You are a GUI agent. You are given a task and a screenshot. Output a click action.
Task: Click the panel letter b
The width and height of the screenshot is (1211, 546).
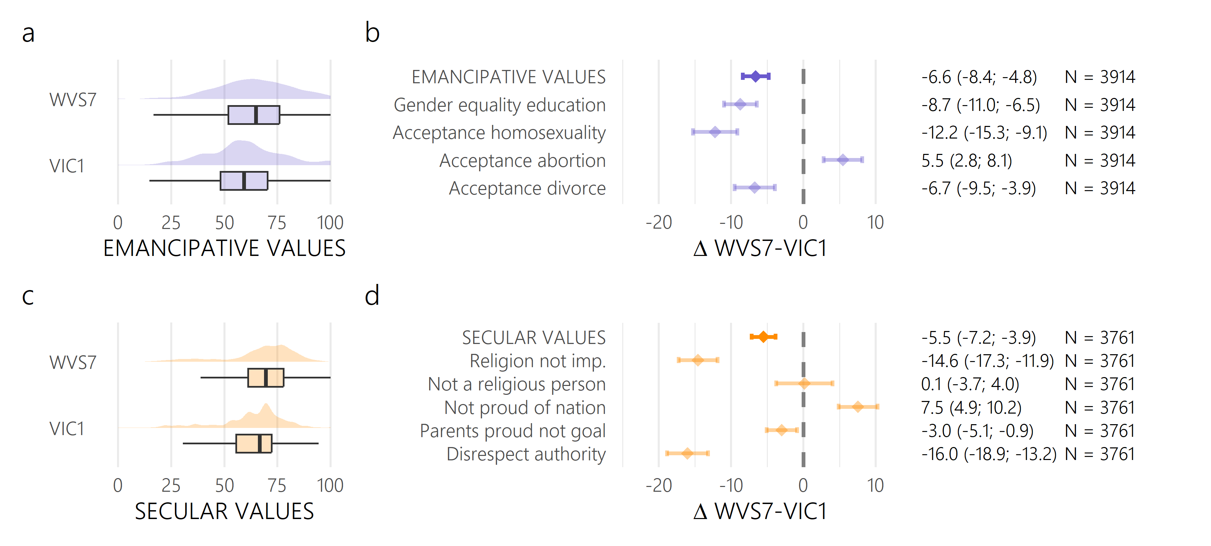point(372,33)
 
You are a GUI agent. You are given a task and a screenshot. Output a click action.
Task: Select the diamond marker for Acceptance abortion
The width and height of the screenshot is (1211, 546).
point(843,160)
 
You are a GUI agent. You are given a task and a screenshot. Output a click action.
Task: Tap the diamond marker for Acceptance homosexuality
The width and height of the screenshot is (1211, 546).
point(715,132)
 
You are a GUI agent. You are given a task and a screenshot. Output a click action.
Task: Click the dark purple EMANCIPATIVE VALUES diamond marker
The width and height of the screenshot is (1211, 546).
point(756,76)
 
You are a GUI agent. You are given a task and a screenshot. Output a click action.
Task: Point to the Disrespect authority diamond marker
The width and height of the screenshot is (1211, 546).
point(687,454)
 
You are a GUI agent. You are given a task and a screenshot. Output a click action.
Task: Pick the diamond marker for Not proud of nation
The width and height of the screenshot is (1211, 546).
point(858,407)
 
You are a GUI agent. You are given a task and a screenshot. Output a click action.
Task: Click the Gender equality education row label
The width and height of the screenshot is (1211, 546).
point(499,105)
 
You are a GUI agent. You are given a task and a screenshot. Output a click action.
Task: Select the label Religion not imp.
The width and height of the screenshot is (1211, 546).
point(537,361)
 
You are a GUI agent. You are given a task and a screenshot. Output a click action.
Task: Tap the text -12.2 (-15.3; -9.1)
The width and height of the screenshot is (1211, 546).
point(984,133)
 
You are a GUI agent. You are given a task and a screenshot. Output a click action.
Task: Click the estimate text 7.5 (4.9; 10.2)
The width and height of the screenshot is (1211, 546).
point(971,407)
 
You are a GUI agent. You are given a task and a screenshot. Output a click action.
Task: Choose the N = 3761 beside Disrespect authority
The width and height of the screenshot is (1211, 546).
point(1099,454)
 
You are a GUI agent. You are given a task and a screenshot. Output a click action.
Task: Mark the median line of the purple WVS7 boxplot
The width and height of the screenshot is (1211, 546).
point(256,115)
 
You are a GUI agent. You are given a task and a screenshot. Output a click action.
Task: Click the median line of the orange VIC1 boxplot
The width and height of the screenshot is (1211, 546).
point(260,444)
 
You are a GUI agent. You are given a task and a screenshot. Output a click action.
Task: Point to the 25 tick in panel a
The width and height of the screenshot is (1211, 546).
point(171,222)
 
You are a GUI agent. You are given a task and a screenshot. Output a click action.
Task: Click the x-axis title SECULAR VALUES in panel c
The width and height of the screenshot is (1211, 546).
point(224,511)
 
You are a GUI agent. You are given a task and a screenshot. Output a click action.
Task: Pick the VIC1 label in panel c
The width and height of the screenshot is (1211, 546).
point(67,429)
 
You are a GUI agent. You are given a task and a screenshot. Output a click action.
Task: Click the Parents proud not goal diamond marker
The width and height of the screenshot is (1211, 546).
point(781,430)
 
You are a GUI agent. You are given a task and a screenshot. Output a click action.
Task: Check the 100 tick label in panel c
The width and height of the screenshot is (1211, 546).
point(330,485)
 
